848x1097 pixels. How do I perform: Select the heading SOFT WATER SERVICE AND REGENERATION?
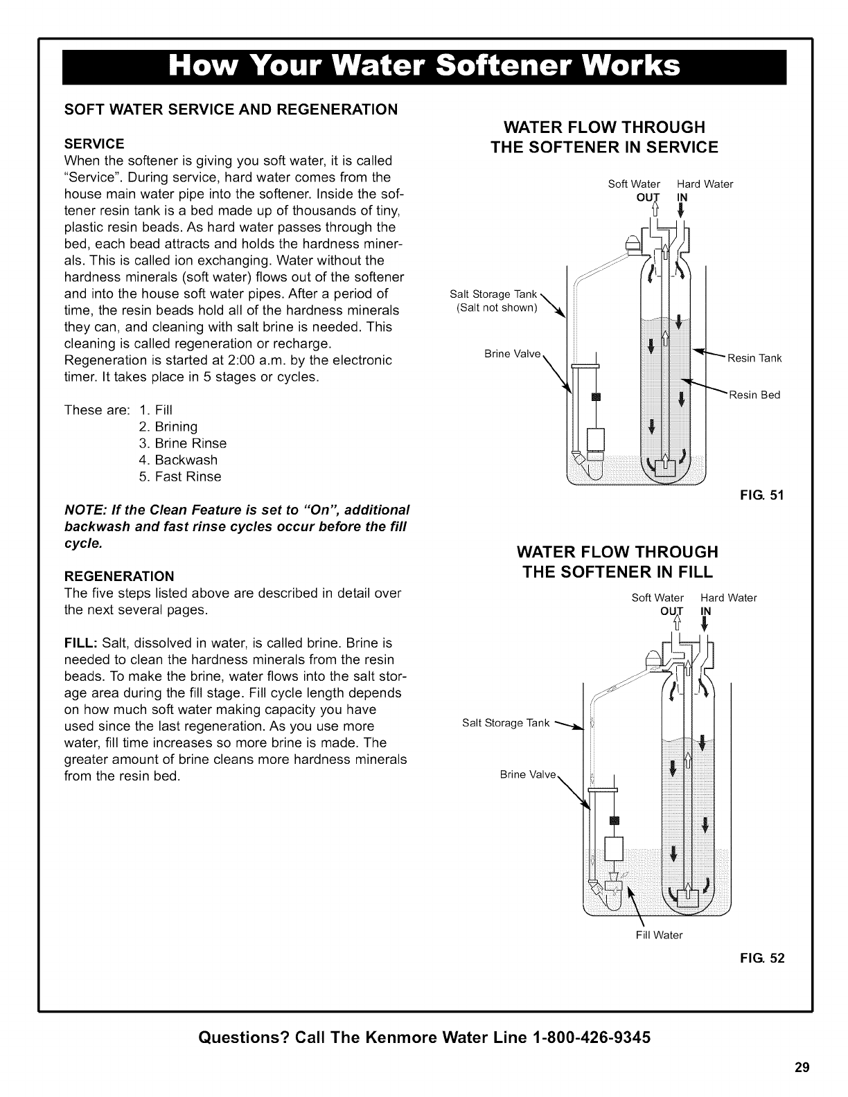click(231, 109)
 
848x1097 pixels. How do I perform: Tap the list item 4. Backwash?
click(178, 460)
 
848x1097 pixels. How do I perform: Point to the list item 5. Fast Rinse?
click(180, 476)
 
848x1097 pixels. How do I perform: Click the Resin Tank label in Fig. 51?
click(754, 358)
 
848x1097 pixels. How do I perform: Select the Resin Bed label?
click(754, 395)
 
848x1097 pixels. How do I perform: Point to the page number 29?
click(802, 1067)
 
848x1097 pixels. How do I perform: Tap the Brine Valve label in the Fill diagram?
click(528, 774)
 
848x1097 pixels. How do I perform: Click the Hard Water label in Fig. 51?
click(705, 184)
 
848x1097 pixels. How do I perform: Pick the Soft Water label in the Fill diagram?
click(657, 598)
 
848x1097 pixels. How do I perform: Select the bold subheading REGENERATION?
click(119, 576)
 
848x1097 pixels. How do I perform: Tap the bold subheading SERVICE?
click(94, 144)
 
